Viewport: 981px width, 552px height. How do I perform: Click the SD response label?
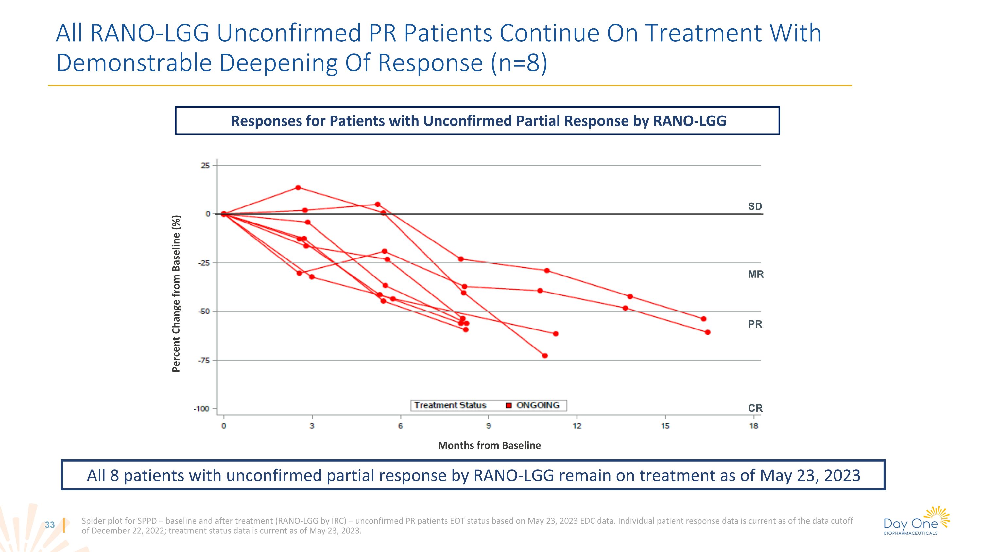tap(755, 206)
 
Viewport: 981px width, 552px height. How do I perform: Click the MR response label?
tap(756, 274)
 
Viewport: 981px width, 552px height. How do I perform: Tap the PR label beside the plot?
tap(755, 324)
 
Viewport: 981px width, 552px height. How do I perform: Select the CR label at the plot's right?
tap(755, 408)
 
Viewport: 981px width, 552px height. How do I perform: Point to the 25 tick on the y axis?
tap(205, 165)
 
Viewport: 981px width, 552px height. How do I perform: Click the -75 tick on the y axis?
tap(204, 360)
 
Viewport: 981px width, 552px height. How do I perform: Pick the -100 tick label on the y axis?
tap(202, 409)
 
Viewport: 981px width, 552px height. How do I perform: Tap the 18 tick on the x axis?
tap(754, 426)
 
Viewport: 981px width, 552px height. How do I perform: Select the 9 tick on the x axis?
tap(489, 426)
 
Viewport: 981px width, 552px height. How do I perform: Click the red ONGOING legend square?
tap(508, 405)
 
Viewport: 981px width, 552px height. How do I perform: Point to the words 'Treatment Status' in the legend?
tap(450, 405)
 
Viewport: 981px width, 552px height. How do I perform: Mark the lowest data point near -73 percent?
tap(544, 356)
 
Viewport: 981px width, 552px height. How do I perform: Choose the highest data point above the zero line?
tap(298, 187)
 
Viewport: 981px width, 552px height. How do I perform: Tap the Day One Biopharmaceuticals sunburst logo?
tap(939, 516)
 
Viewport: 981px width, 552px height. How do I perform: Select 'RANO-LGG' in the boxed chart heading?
tap(689, 121)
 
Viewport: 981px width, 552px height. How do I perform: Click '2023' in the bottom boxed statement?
tap(842, 475)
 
